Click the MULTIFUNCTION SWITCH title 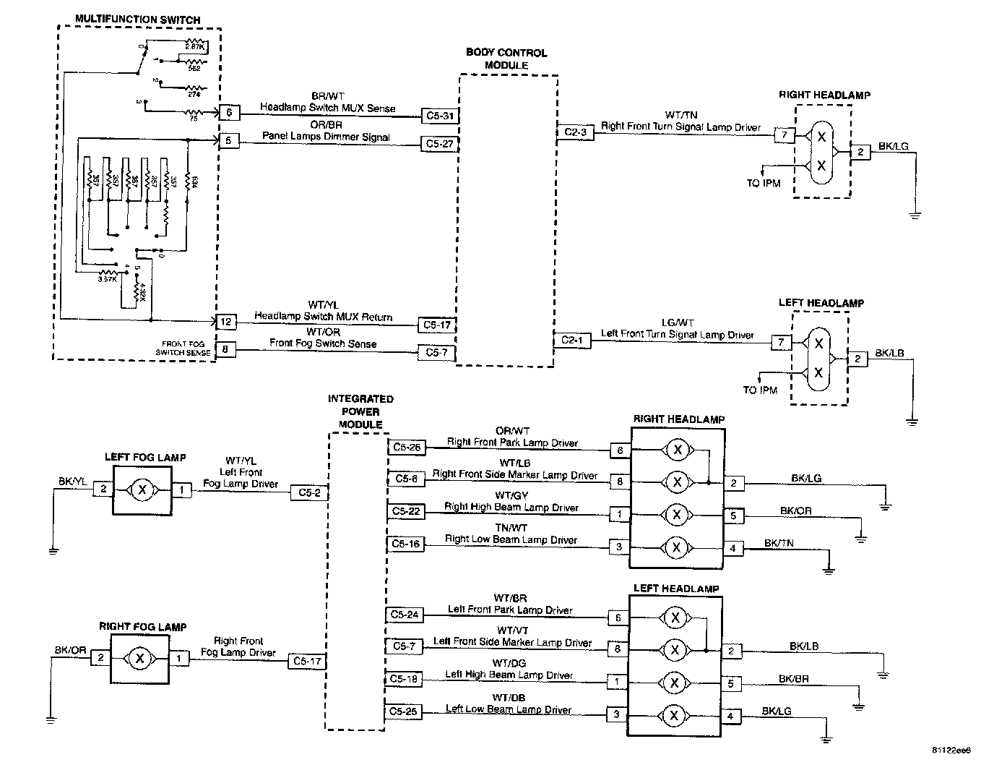(138, 20)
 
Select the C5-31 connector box (440, 116)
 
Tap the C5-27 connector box (440, 144)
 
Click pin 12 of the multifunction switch (226, 322)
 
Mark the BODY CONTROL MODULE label (506, 59)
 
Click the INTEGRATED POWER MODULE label (360, 411)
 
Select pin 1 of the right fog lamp (179, 658)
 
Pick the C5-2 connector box (309, 492)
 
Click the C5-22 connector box (406, 511)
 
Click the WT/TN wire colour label (681, 115)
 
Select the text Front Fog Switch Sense (323, 343)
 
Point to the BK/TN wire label (779, 543)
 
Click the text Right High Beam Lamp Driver (511, 508)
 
